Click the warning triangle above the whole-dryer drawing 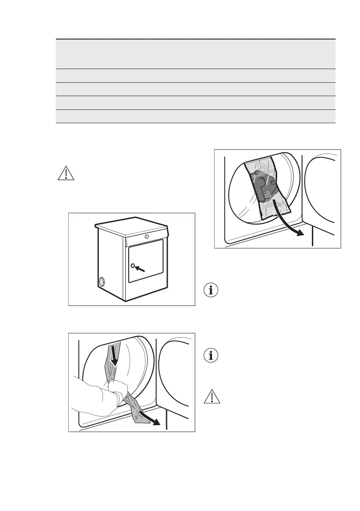(x=66, y=172)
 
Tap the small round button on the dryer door (x=133, y=266)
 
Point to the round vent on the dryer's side (x=102, y=282)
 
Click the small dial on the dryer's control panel (x=147, y=236)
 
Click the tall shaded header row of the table (x=196, y=54)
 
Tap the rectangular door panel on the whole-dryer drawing (x=146, y=261)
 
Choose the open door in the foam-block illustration (x=322, y=193)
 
